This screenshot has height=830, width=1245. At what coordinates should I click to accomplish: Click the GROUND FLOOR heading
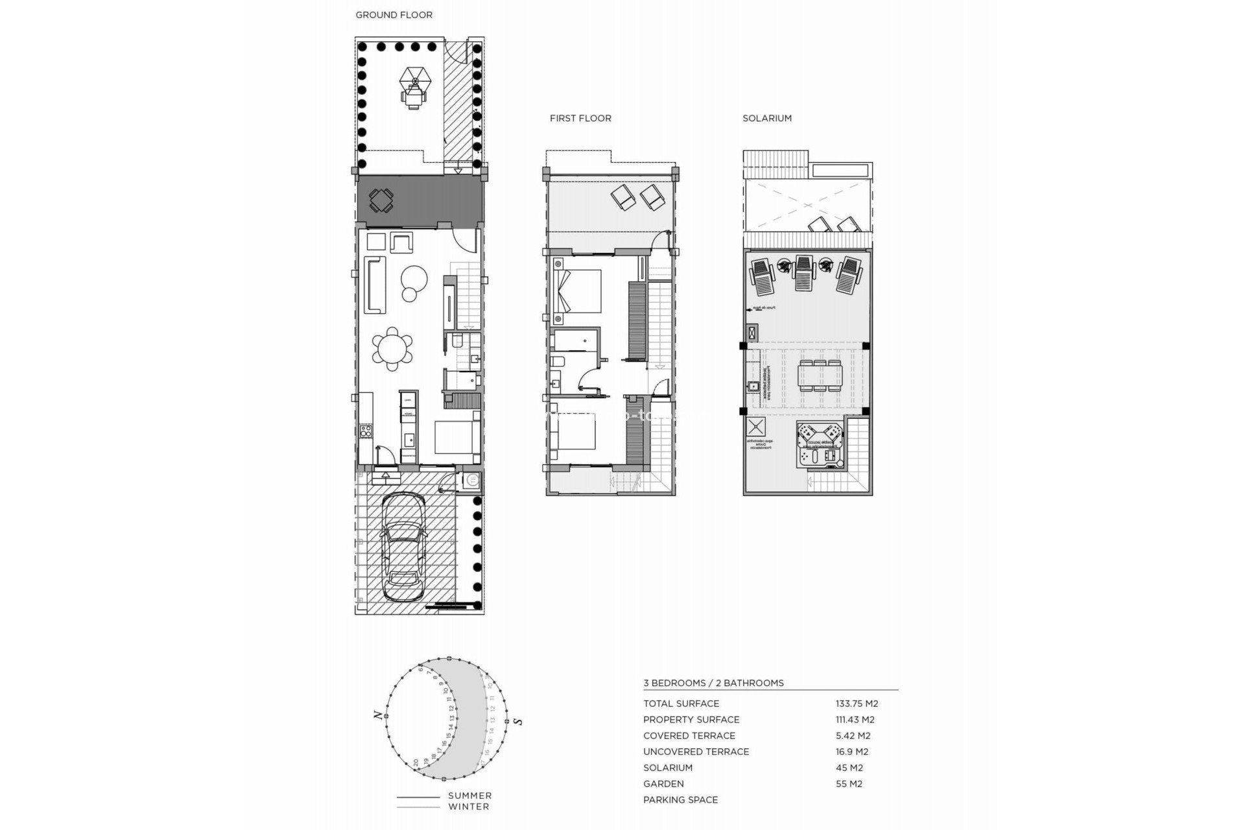pos(394,15)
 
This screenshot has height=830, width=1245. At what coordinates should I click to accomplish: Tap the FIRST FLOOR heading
pos(580,118)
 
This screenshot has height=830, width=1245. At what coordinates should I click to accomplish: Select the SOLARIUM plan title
pos(767,118)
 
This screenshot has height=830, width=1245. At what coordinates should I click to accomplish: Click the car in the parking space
pos(403,548)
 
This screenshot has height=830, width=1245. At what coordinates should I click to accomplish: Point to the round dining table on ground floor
pos(392,349)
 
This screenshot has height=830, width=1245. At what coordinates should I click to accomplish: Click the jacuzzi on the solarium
pos(820,444)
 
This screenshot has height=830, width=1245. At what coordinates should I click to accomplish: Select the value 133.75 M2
pos(857,704)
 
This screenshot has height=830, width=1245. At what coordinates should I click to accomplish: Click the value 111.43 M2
pos(855,720)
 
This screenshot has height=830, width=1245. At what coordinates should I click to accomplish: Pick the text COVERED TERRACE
pos(689,736)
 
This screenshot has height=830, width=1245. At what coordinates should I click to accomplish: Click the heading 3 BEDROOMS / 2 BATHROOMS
pos(713,683)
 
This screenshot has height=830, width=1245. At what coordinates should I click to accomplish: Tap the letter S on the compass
pos(517,721)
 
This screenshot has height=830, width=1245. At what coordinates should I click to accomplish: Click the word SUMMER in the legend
pos(469,796)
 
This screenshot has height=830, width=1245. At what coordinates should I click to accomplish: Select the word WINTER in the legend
pos(468,807)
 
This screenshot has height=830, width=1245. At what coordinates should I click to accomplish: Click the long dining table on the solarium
pos(820,375)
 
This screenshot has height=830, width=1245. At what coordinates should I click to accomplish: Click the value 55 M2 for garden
pos(849,784)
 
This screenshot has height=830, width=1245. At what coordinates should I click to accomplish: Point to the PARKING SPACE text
pos(680,800)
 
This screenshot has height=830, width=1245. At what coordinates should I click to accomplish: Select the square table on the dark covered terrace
pos(381,200)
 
